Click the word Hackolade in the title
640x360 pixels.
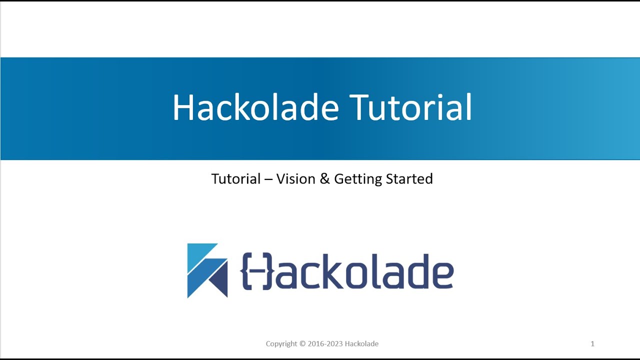pos(255,107)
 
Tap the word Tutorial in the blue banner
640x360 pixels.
pos(410,107)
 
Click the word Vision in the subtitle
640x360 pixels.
pos(296,179)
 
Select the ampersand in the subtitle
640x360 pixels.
pos(325,179)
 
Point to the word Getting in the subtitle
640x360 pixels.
pos(355,179)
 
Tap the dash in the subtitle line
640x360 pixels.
pos(268,179)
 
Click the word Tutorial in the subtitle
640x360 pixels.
pos(236,179)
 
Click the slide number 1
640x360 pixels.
pos(592,344)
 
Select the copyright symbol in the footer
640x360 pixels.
pos(302,344)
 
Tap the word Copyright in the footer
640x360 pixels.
pos(281,344)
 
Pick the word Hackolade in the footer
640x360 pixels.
pos(362,344)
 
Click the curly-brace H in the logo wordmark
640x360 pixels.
pos(257,271)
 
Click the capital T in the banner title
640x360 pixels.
pos(359,107)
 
